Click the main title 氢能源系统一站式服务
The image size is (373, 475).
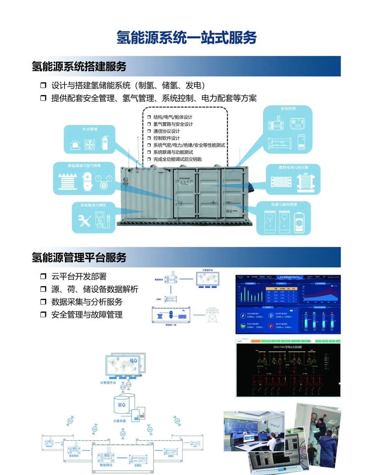tap(186, 38)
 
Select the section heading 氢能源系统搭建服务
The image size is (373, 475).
tap(79, 66)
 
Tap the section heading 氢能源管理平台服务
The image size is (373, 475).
tap(79, 257)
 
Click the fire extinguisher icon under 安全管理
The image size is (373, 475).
tap(105, 142)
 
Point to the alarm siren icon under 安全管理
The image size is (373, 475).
tap(75, 144)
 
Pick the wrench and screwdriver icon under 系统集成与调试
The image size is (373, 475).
tap(85, 220)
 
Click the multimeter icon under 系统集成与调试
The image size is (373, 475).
tap(101, 219)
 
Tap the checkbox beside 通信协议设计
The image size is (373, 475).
tap(149, 131)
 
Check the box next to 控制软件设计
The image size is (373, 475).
tap(149, 138)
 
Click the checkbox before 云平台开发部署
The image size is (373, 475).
tap(43, 276)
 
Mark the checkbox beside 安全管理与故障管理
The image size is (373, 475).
tap(43, 315)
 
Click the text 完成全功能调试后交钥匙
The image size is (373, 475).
tap(178, 159)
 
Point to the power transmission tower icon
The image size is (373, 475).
tap(211, 315)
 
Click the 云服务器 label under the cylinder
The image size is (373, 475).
tap(119, 421)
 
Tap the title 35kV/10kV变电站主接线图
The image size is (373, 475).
tap(287, 347)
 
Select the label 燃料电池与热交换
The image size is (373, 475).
tap(293, 168)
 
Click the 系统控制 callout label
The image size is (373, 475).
tap(288, 109)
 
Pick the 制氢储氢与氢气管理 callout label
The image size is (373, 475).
tap(84, 166)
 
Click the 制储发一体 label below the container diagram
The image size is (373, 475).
tap(171, 325)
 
